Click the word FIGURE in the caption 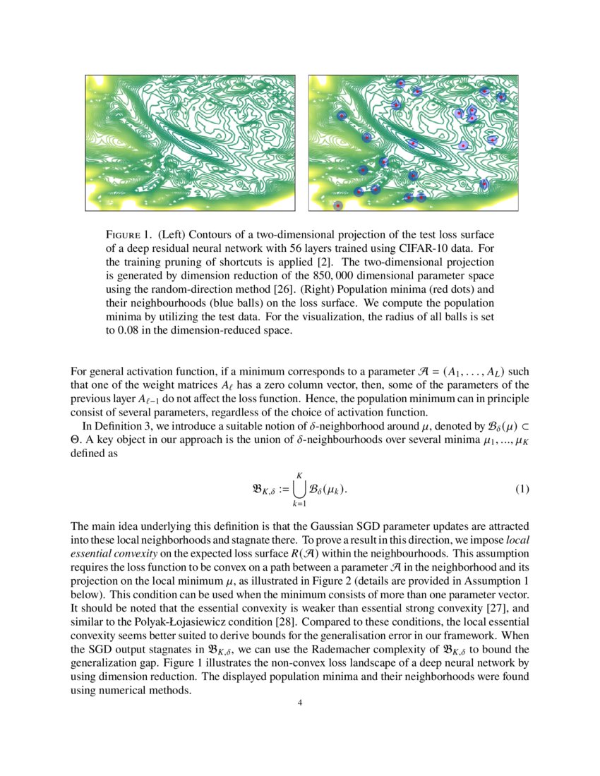pyautogui.click(x=126, y=234)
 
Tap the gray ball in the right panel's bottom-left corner pyautogui.click(x=338, y=205)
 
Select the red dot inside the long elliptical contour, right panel pyautogui.click(x=412, y=143)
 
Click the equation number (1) pyautogui.click(x=521, y=489)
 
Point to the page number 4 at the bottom pyautogui.click(x=300, y=702)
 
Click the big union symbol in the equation pyautogui.click(x=299, y=489)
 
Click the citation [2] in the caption pyautogui.click(x=323, y=261)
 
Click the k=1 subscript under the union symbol pyautogui.click(x=299, y=504)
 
